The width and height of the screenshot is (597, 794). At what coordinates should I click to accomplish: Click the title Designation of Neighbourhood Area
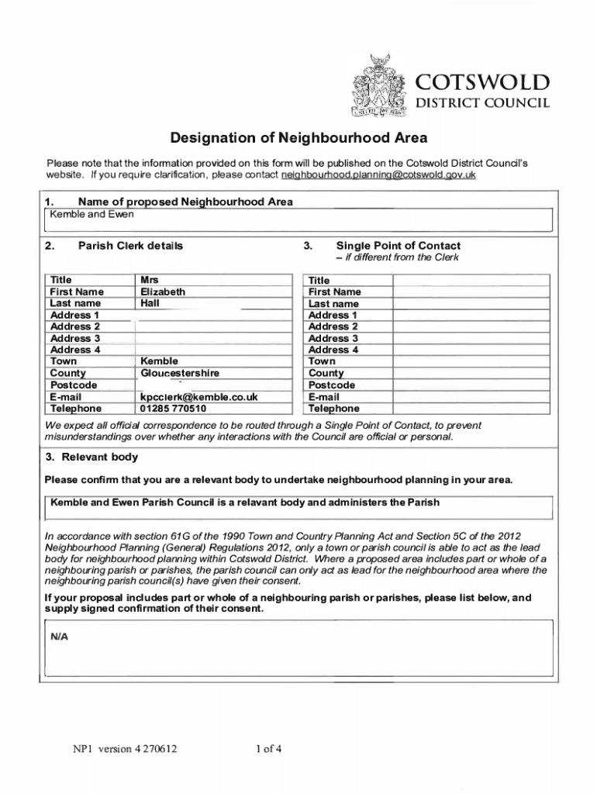tap(298, 139)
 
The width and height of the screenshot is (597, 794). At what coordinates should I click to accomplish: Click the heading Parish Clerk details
tap(130, 246)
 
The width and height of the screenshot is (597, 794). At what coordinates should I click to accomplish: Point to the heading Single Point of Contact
tap(398, 246)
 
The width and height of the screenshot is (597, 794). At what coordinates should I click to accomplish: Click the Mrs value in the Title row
tap(150, 280)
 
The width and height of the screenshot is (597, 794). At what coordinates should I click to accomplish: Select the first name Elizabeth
tap(162, 292)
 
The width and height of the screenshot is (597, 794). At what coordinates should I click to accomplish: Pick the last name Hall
tap(150, 303)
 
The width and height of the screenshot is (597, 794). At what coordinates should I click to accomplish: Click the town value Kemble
tap(159, 361)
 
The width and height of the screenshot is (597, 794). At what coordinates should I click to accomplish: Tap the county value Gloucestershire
tap(179, 373)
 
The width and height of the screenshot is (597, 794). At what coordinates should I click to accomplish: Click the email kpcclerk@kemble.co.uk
tap(198, 396)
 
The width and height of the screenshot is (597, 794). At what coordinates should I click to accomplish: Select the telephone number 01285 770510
tap(173, 408)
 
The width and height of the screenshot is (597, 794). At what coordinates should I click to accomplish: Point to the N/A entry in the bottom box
tap(60, 637)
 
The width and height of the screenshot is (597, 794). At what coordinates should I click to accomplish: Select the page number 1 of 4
tap(268, 749)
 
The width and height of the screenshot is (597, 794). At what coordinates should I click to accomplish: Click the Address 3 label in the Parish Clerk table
tap(75, 338)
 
